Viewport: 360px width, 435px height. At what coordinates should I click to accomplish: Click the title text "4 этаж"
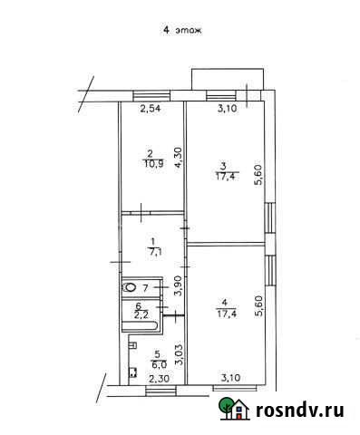tap(181, 30)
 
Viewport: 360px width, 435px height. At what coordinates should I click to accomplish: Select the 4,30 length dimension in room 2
tap(179, 155)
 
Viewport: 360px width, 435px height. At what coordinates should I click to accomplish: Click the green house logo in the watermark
tap(234, 410)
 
